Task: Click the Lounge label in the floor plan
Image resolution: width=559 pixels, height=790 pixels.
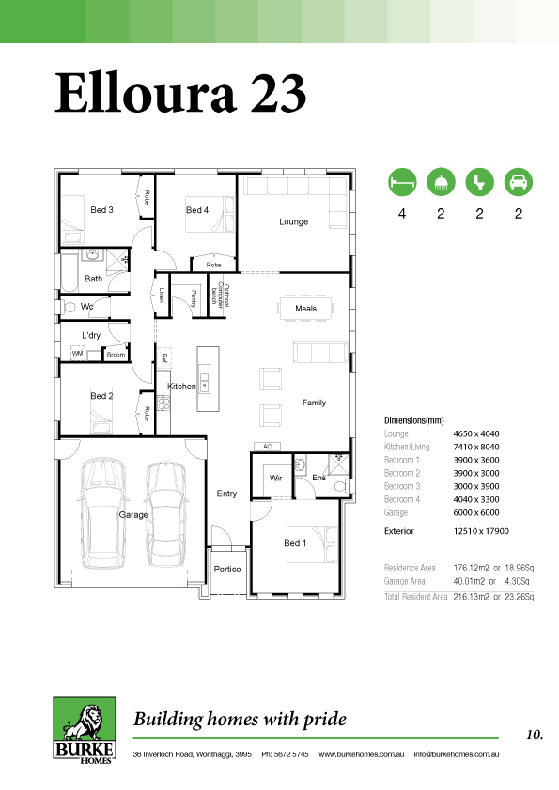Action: pos(294,221)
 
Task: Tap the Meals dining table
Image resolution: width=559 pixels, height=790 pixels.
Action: pos(305,308)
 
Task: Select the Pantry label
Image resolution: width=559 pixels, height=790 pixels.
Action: pos(194,297)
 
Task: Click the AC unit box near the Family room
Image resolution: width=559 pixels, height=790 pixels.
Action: pos(268,447)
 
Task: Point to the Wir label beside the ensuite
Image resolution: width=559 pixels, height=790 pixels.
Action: pos(275,478)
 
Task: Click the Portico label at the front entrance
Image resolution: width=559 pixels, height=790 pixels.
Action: pos(227,569)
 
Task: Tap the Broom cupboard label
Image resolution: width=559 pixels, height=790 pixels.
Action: pos(116,355)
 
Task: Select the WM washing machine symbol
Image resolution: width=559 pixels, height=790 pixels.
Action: pos(77,353)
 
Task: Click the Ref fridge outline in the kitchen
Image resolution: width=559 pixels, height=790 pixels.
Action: pos(164,358)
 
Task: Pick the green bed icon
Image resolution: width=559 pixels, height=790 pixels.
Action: pos(402,182)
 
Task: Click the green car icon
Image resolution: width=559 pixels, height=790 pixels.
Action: pos(519,182)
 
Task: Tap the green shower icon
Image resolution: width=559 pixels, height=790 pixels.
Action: pos(441,182)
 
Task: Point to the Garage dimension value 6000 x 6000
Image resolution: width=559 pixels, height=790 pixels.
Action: pos(476,512)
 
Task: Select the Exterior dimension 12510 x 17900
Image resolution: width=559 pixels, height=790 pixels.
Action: pos(481,531)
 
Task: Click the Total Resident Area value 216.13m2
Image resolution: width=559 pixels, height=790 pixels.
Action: pos(472,597)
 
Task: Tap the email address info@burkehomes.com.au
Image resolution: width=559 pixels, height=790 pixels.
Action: pos(457,754)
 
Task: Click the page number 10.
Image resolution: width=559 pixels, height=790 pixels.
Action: pos(535,735)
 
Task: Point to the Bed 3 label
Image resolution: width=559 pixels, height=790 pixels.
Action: pos(101,209)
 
